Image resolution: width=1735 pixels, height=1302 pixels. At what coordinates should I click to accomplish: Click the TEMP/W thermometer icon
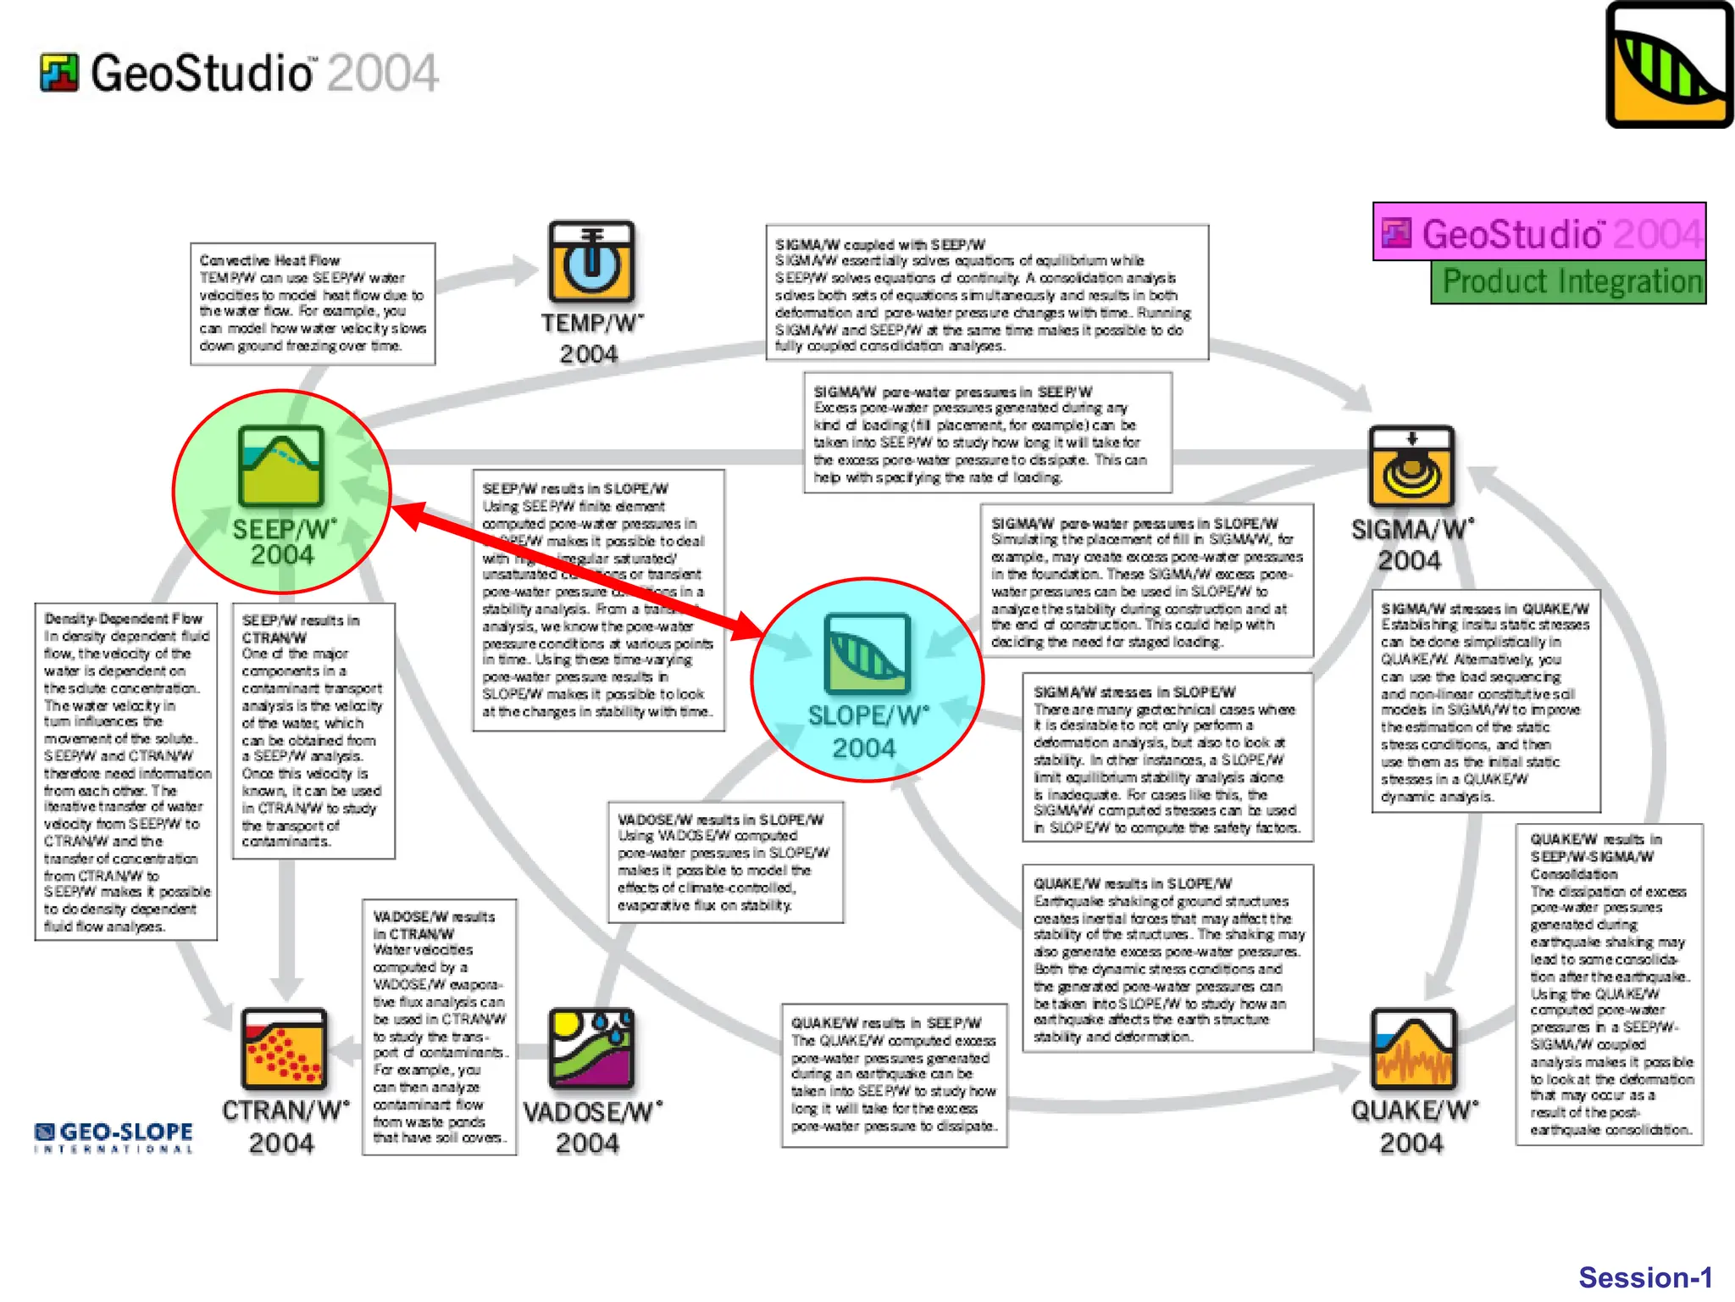click(x=590, y=262)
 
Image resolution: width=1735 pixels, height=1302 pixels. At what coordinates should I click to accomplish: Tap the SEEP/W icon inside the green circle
click(x=280, y=467)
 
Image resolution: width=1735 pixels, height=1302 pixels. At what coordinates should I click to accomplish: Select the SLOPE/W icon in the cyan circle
click(x=867, y=653)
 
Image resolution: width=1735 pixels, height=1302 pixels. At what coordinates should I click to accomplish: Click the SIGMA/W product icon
click(x=1411, y=467)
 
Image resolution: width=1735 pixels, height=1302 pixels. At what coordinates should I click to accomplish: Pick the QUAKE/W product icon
click(x=1412, y=1049)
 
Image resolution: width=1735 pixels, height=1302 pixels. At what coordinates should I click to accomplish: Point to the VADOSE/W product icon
click(x=590, y=1049)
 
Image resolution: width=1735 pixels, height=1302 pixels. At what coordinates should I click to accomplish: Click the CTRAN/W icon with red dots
click(x=283, y=1049)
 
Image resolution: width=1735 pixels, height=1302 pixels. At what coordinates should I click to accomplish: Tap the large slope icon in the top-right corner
click(x=1668, y=65)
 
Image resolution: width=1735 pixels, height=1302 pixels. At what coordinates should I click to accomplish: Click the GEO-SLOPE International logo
click(x=114, y=1137)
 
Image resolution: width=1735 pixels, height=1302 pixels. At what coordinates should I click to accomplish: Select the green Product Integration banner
click(x=1568, y=282)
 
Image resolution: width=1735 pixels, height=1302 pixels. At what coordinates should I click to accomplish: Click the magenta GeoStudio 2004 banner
click(x=1539, y=231)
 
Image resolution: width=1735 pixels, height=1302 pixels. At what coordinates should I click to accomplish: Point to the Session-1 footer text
click(x=1644, y=1277)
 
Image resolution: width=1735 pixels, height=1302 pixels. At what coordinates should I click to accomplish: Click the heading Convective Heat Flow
click(x=269, y=260)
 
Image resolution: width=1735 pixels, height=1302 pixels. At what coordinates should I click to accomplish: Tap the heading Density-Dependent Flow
click(x=124, y=619)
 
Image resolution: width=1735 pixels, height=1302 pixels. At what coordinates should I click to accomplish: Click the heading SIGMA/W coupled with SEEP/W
click(x=879, y=244)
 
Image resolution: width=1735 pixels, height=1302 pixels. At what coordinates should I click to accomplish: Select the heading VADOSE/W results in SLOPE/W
click(x=720, y=820)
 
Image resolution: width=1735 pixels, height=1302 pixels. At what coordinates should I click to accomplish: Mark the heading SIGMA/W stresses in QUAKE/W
click(x=1484, y=609)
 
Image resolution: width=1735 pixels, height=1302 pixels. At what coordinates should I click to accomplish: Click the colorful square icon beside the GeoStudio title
click(x=59, y=73)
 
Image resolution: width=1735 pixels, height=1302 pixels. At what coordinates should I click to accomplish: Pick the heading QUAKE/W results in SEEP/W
click(x=885, y=1023)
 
